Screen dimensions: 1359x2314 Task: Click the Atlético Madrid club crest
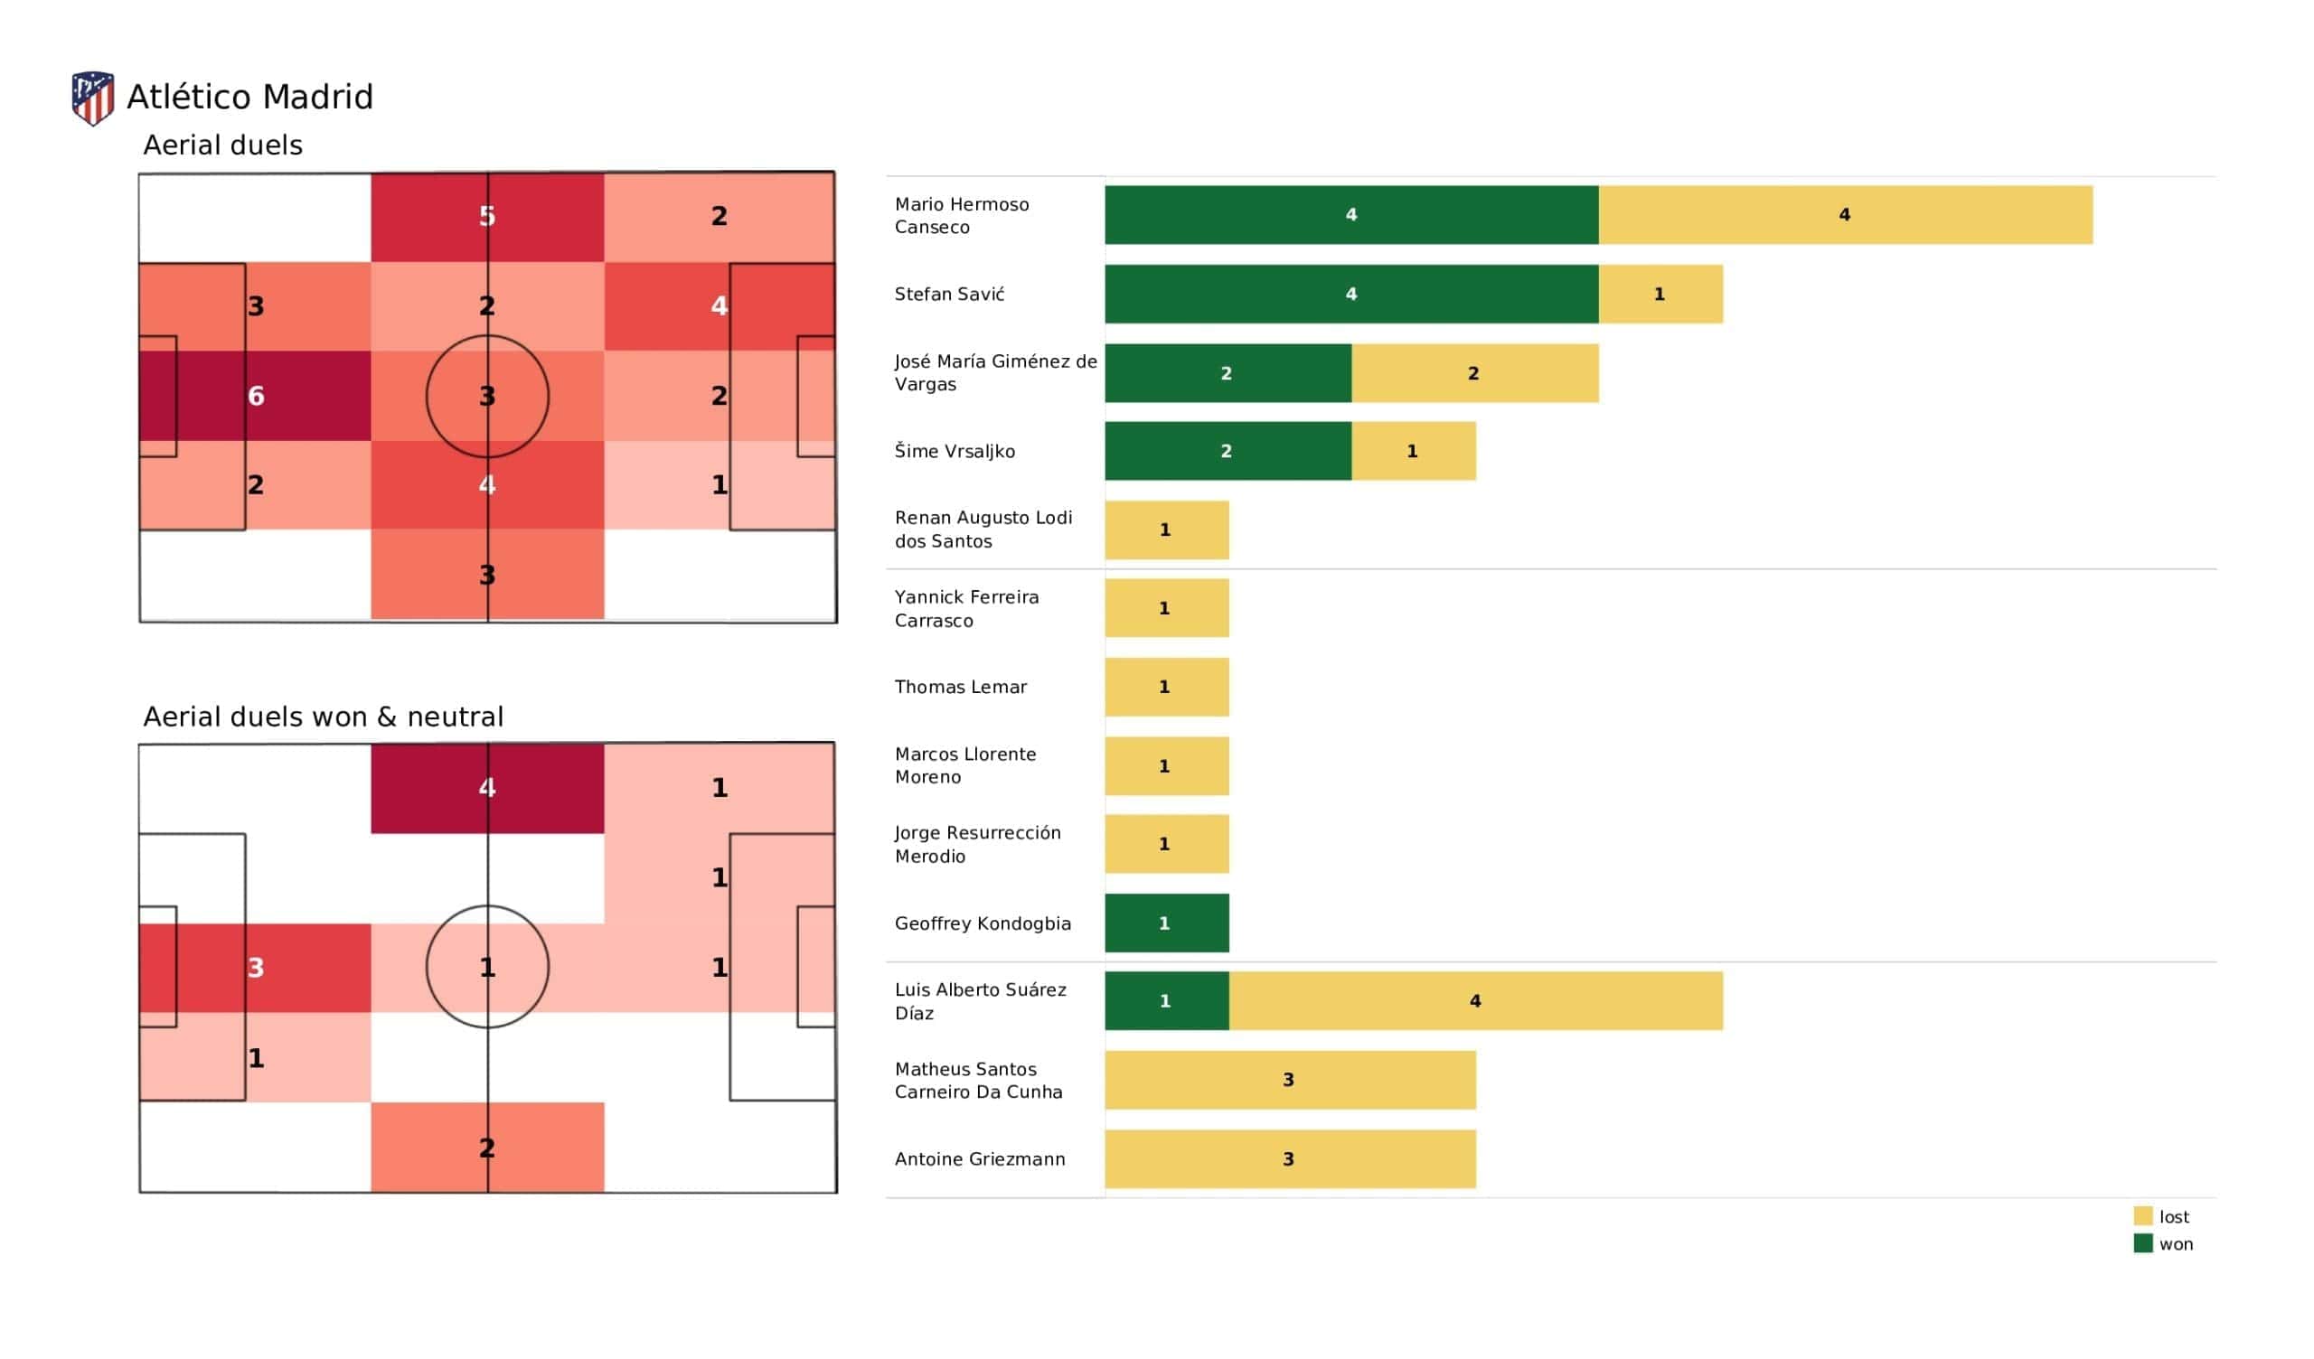tap(93, 98)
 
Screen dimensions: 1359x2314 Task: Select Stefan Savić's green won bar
tap(1350, 294)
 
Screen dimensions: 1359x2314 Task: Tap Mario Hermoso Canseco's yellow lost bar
tap(1845, 215)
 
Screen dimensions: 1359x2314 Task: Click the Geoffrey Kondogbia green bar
tap(1166, 923)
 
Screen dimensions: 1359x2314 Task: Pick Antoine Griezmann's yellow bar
tap(1289, 1158)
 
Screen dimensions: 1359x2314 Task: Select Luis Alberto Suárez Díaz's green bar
tap(1166, 1001)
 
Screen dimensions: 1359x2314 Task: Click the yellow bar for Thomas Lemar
tap(1166, 687)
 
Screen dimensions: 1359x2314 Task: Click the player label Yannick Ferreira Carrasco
tap(966, 609)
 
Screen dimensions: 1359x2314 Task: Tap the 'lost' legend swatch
tap(2142, 1215)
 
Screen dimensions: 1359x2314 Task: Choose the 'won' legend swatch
tap(2142, 1243)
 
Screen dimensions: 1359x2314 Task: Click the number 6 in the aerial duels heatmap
tap(255, 396)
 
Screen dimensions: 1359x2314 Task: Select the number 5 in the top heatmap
tap(486, 216)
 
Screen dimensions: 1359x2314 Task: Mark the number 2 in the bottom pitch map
tap(486, 1148)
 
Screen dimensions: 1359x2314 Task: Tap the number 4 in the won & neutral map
tap(486, 787)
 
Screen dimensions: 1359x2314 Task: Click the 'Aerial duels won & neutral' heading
tap(324, 717)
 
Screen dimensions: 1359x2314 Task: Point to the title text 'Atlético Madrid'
tap(249, 97)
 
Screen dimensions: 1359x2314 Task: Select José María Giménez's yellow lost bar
tap(1473, 373)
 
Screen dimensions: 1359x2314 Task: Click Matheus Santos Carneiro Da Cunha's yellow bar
tap(1289, 1080)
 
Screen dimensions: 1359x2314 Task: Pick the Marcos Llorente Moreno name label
tap(964, 765)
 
